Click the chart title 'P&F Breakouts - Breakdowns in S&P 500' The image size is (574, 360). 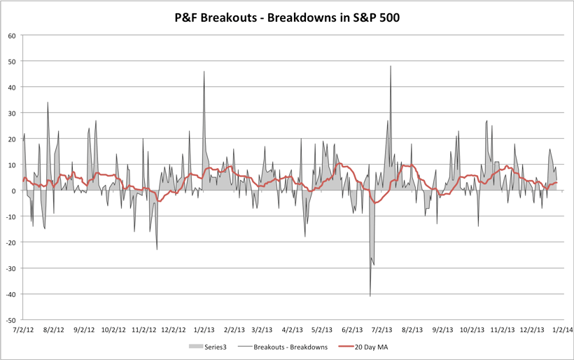point(287,17)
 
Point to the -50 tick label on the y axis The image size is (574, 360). point(10,319)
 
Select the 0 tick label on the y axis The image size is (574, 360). point(14,191)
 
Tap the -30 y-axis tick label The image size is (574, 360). point(10,268)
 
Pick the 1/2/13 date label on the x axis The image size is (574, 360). point(204,328)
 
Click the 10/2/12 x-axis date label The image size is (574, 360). point(113,328)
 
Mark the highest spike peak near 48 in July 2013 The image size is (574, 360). point(391,67)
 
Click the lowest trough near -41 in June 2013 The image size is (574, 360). point(370,296)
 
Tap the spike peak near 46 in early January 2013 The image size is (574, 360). point(204,71)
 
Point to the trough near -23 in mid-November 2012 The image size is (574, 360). point(157,249)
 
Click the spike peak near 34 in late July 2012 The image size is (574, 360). point(48,103)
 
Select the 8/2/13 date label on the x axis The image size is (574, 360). point(413,328)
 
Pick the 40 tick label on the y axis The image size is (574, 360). point(12,87)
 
